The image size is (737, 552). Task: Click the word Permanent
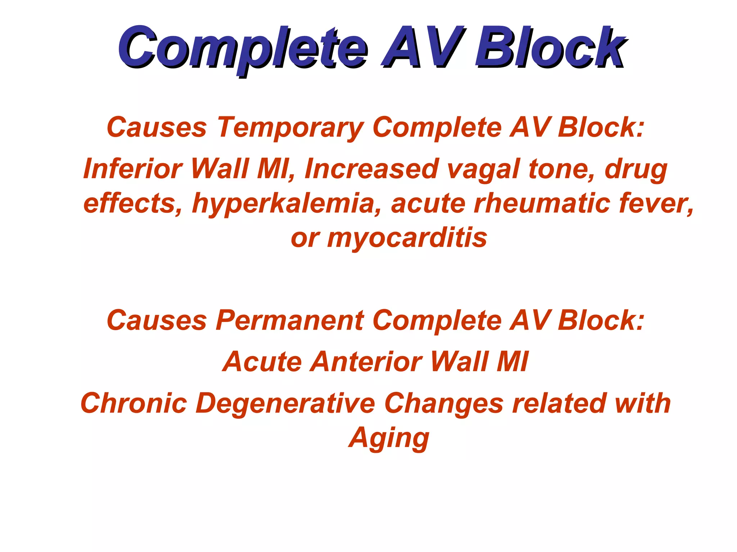(290, 320)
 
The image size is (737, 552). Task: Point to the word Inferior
(133, 169)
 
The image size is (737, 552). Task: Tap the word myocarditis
(407, 238)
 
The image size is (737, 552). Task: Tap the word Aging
(389, 438)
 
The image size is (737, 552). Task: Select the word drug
(636, 169)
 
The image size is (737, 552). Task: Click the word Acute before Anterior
(262, 362)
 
